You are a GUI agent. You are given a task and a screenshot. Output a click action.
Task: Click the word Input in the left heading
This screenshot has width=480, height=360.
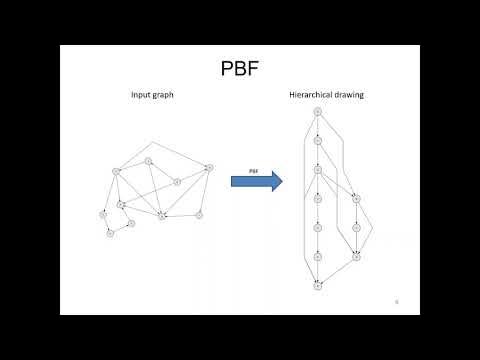pyautogui.click(x=141, y=97)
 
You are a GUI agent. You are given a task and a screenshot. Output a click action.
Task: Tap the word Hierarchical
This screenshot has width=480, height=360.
pyautogui.click(x=309, y=97)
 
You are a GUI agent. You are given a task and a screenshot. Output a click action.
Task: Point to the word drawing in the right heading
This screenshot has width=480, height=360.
pyautogui.click(x=349, y=97)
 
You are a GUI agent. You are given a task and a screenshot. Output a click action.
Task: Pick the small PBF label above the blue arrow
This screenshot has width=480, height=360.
pyautogui.click(x=254, y=170)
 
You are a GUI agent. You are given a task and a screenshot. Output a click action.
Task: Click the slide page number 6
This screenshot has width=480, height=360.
pyautogui.click(x=397, y=299)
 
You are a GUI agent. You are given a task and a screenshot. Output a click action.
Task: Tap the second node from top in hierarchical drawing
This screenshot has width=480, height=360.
pyautogui.click(x=317, y=140)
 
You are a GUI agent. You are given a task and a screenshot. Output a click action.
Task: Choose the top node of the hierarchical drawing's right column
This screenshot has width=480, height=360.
pyautogui.click(x=356, y=198)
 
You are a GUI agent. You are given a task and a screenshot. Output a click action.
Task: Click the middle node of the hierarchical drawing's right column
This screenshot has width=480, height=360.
pyautogui.click(x=356, y=227)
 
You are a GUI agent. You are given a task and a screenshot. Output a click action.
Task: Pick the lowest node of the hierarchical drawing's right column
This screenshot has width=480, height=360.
pyautogui.click(x=356, y=257)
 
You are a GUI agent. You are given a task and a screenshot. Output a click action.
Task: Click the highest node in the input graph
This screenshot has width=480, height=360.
pyautogui.click(x=148, y=160)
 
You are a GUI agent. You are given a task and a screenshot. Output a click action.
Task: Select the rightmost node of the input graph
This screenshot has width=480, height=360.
pyautogui.click(x=208, y=167)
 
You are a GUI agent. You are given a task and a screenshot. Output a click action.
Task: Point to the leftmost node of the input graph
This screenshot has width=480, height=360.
pyautogui.click(x=102, y=213)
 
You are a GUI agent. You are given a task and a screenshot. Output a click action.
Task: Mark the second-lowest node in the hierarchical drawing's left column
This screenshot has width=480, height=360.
pyautogui.click(x=317, y=257)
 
